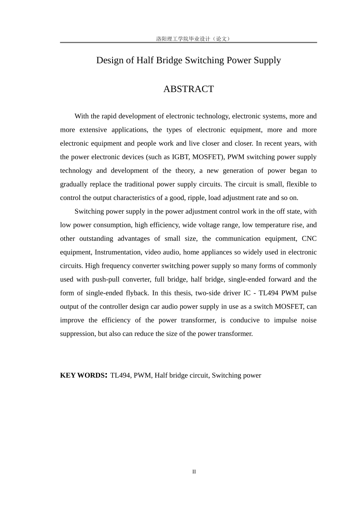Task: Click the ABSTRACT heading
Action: [188, 89]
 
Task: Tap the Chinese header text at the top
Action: [193, 39]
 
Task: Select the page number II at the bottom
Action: [194, 472]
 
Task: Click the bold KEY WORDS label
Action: [83, 375]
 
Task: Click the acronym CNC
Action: [309, 239]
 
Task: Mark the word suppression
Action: [77, 334]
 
